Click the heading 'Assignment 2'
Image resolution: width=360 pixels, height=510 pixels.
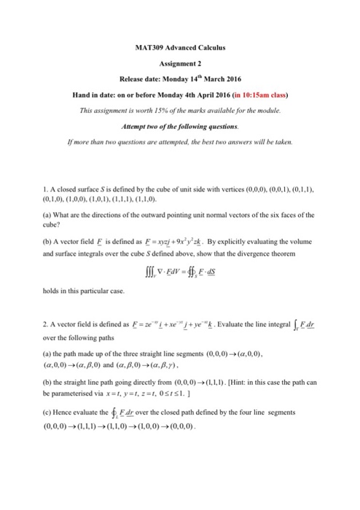(179, 63)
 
